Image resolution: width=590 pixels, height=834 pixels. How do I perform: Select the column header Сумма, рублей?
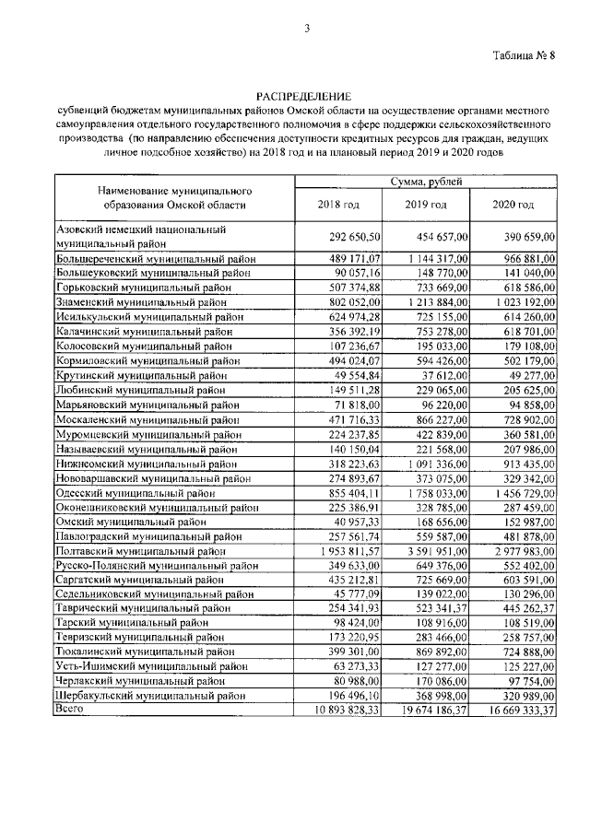click(x=425, y=182)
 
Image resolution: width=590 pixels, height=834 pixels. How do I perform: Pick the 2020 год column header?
click(x=513, y=204)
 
